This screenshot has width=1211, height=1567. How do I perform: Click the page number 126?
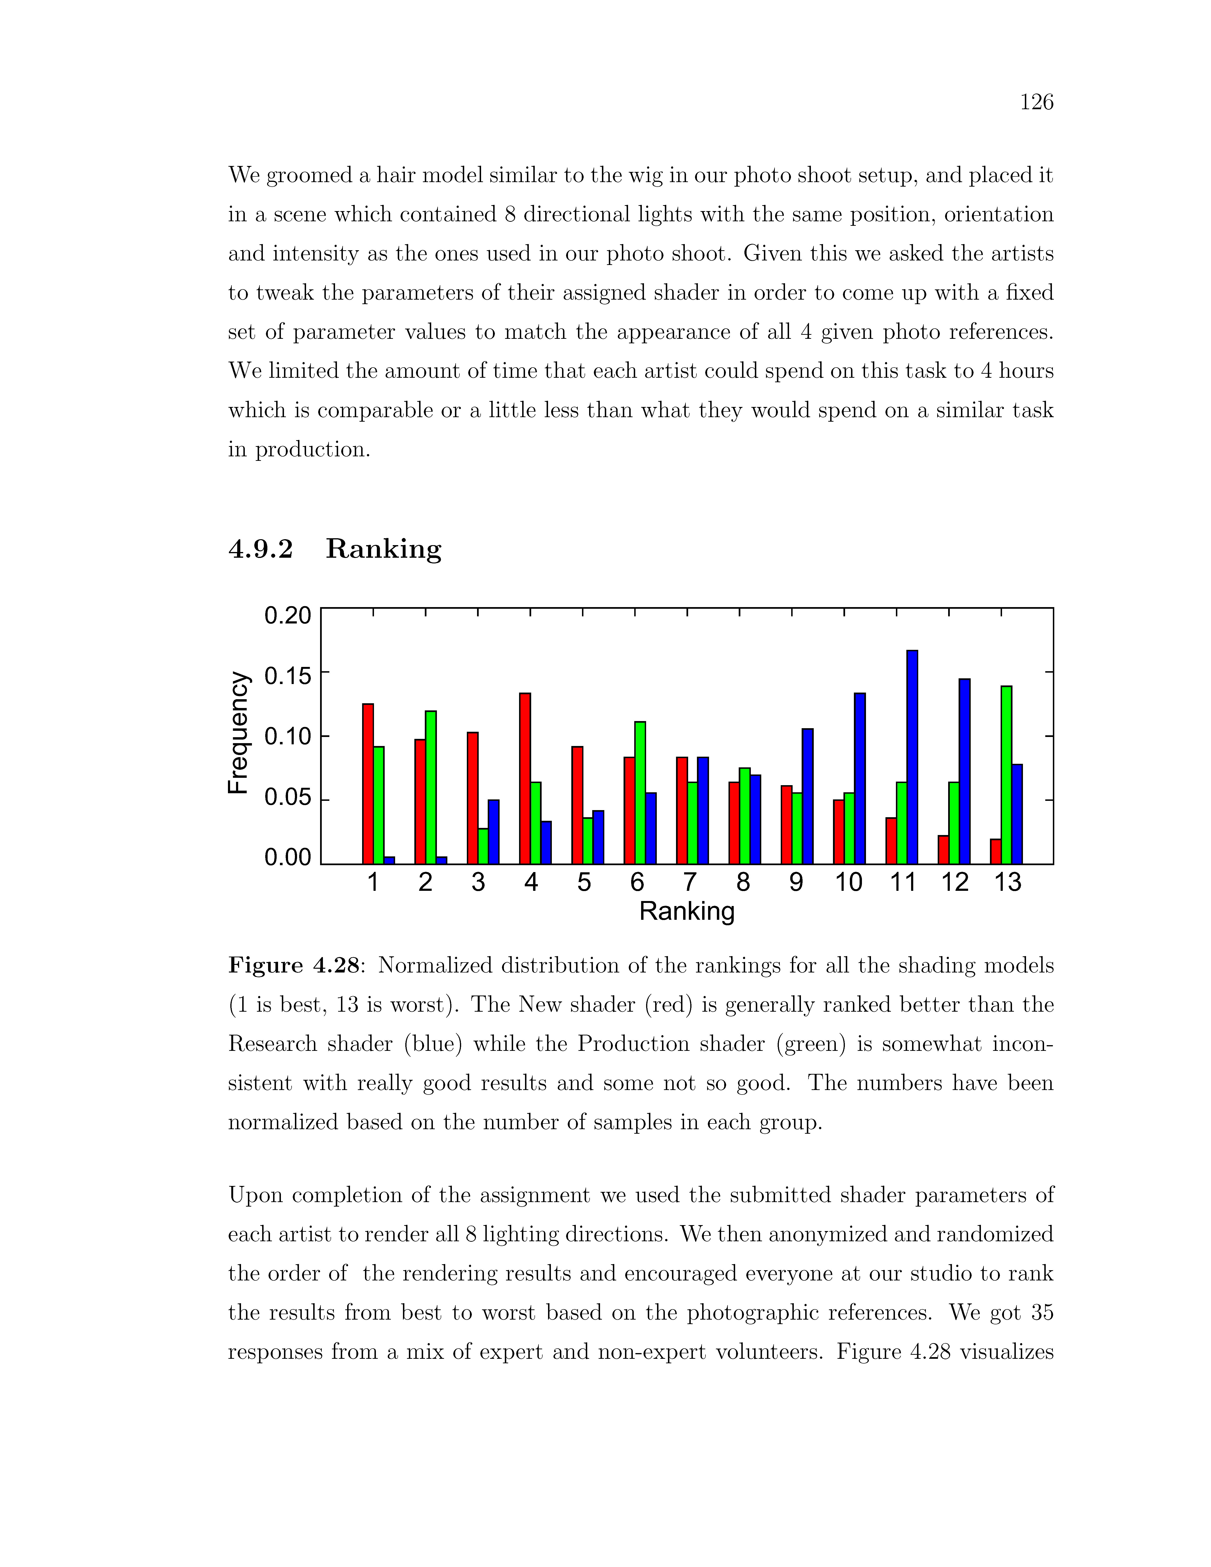coord(1036,103)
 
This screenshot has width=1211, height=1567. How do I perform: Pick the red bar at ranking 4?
coord(525,779)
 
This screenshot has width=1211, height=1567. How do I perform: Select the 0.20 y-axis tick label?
coord(288,616)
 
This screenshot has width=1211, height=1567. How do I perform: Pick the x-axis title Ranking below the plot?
coord(686,911)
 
